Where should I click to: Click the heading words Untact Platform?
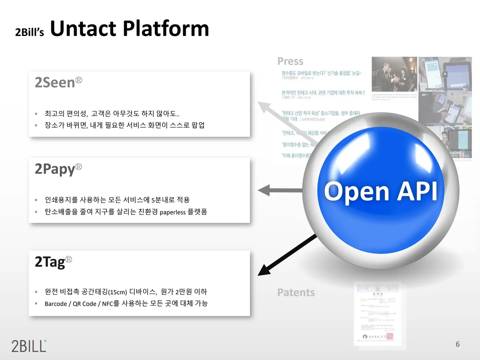(130, 29)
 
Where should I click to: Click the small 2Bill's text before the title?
(29, 32)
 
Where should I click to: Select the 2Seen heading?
(55, 82)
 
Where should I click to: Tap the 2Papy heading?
(55, 169)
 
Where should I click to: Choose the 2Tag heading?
(50, 262)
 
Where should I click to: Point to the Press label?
(290, 61)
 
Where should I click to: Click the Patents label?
(296, 292)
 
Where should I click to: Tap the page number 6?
(458, 344)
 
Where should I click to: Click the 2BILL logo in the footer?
(29, 345)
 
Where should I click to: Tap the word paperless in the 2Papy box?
(172, 212)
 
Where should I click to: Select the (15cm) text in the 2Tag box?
(119, 292)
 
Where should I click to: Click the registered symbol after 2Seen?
(79, 80)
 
